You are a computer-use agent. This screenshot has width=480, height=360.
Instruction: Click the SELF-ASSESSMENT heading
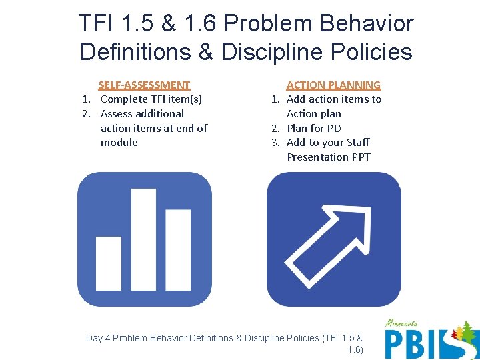(144, 85)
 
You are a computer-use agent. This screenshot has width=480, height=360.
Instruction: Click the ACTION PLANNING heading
(333, 85)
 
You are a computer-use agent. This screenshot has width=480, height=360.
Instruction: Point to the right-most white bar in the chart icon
(178, 249)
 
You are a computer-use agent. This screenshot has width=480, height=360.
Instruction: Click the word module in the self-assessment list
(119, 142)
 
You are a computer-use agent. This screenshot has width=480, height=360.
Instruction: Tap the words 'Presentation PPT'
(329, 157)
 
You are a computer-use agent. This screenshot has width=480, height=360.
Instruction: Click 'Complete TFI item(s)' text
(151, 99)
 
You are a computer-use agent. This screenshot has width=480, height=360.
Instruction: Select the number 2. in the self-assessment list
(87, 113)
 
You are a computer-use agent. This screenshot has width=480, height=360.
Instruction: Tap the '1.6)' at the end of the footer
(355, 349)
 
